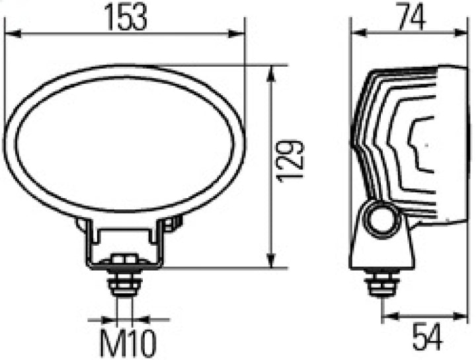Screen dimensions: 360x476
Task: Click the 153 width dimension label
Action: [x=125, y=17]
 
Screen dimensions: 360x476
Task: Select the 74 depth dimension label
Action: [x=409, y=17]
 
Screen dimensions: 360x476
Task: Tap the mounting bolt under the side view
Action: [x=381, y=283]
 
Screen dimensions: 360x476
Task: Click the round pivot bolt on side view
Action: [x=381, y=220]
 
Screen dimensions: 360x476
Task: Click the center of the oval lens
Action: [x=124, y=143]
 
